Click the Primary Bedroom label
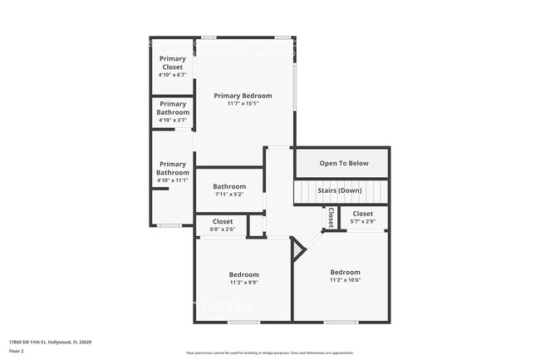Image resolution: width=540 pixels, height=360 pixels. pyautogui.click(x=243, y=96)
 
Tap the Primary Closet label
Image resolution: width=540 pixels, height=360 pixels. pyautogui.click(x=173, y=63)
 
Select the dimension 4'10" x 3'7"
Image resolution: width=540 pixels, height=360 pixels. pyautogui.click(x=173, y=120)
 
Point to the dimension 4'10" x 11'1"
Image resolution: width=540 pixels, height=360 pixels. pyautogui.click(x=173, y=180)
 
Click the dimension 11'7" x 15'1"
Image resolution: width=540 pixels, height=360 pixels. pyautogui.click(x=243, y=104)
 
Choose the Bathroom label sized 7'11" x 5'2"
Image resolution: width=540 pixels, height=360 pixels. pyautogui.click(x=229, y=186)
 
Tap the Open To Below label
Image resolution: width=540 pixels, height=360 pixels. pyautogui.click(x=343, y=163)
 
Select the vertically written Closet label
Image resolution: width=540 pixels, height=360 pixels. pyautogui.click(x=330, y=218)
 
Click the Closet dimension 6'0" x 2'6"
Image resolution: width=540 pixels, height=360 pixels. pyautogui.click(x=223, y=229)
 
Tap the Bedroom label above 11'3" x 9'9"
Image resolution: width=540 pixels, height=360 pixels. pyautogui.click(x=244, y=274)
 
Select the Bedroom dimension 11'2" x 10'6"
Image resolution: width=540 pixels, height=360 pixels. pyautogui.click(x=345, y=280)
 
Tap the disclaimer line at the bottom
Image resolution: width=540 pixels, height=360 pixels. pyautogui.click(x=269, y=353)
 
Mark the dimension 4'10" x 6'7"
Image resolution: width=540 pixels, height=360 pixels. pyautogui.click(x=173, y=75)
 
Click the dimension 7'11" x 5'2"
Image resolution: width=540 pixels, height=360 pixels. pyautogui.click(x=229, y=195)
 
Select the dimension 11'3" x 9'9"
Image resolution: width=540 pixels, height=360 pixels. pyautogui.click(x=244, y=283)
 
